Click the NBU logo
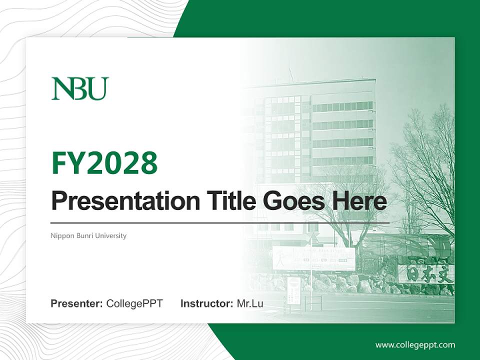pos(80,88)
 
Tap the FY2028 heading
pos(104,163)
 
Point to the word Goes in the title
pos(290,201)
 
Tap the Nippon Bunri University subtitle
pos(88,235)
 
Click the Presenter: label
pos(77,303)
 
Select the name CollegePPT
pos(134,303)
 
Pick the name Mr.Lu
pos(250,303)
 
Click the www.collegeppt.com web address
pos(415,345)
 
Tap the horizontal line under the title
pos(220,222)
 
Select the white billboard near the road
pos(313,258)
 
